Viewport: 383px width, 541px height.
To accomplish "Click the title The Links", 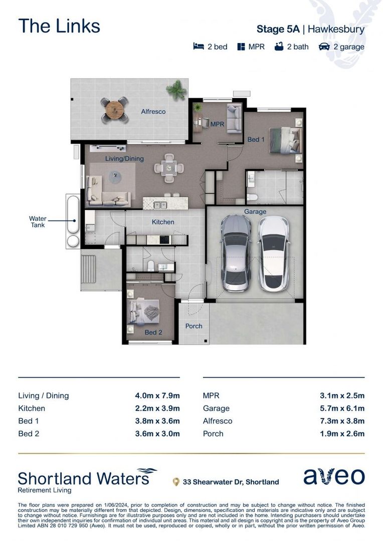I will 59,26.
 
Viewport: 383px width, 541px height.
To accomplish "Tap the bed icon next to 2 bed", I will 199,47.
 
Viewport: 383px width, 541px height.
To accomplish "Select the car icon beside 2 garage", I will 324,47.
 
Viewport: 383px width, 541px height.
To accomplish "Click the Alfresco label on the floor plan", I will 153,112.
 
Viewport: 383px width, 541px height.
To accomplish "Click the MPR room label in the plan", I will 217,124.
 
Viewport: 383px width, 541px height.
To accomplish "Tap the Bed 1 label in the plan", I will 256,139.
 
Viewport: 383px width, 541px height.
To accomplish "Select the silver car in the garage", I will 236,253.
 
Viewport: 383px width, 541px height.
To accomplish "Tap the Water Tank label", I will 37,222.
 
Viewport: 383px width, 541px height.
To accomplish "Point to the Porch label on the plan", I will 194,326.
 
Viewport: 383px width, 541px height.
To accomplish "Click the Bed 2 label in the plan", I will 153,332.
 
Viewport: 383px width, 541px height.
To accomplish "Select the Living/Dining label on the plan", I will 124,159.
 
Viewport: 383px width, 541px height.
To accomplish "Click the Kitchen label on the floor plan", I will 163,222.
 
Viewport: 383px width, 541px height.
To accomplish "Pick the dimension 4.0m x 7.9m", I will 154,396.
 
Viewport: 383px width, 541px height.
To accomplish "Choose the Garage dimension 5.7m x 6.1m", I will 342,408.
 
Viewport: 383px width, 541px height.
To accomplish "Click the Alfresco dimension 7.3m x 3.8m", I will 342,421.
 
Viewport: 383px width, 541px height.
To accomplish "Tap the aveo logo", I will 334,476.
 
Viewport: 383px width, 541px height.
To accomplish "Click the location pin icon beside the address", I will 176,482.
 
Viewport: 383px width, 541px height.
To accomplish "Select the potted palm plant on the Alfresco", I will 176,90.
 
